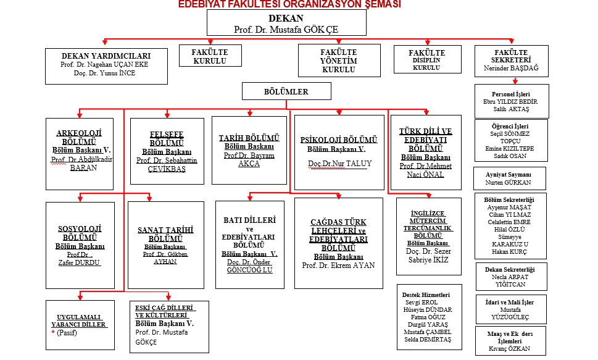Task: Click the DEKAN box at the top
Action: (286, 23)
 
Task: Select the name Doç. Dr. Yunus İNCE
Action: (98, 73)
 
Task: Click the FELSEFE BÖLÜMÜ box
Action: (168, 151)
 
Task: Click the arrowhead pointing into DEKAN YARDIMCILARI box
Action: (106, 43)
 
